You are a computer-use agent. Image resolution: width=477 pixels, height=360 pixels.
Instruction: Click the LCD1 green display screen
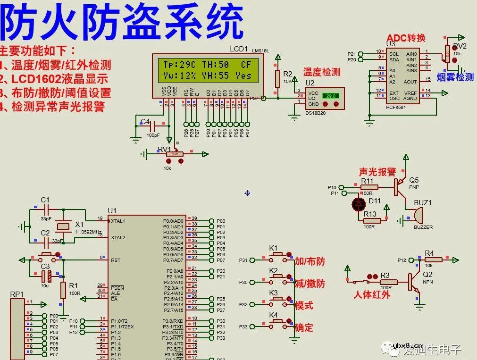(207, 70)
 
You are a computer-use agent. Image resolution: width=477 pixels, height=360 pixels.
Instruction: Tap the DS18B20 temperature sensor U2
(325, 98)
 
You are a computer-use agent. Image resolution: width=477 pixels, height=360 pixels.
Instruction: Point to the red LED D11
(359, 204)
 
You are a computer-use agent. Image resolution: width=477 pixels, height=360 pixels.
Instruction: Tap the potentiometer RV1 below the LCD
(175, 154)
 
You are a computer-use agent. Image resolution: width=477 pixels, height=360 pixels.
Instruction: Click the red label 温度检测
(321, 72)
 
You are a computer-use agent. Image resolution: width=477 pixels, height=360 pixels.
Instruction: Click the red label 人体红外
(372, 295)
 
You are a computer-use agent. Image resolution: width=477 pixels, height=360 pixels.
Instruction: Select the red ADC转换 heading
(406, 38)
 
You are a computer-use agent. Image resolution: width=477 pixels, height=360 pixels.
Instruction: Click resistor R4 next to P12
(433, 259)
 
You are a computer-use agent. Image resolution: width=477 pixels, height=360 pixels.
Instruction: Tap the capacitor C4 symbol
(152, 126)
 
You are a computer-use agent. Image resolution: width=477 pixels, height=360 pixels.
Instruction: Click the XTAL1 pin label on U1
(118, 221)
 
